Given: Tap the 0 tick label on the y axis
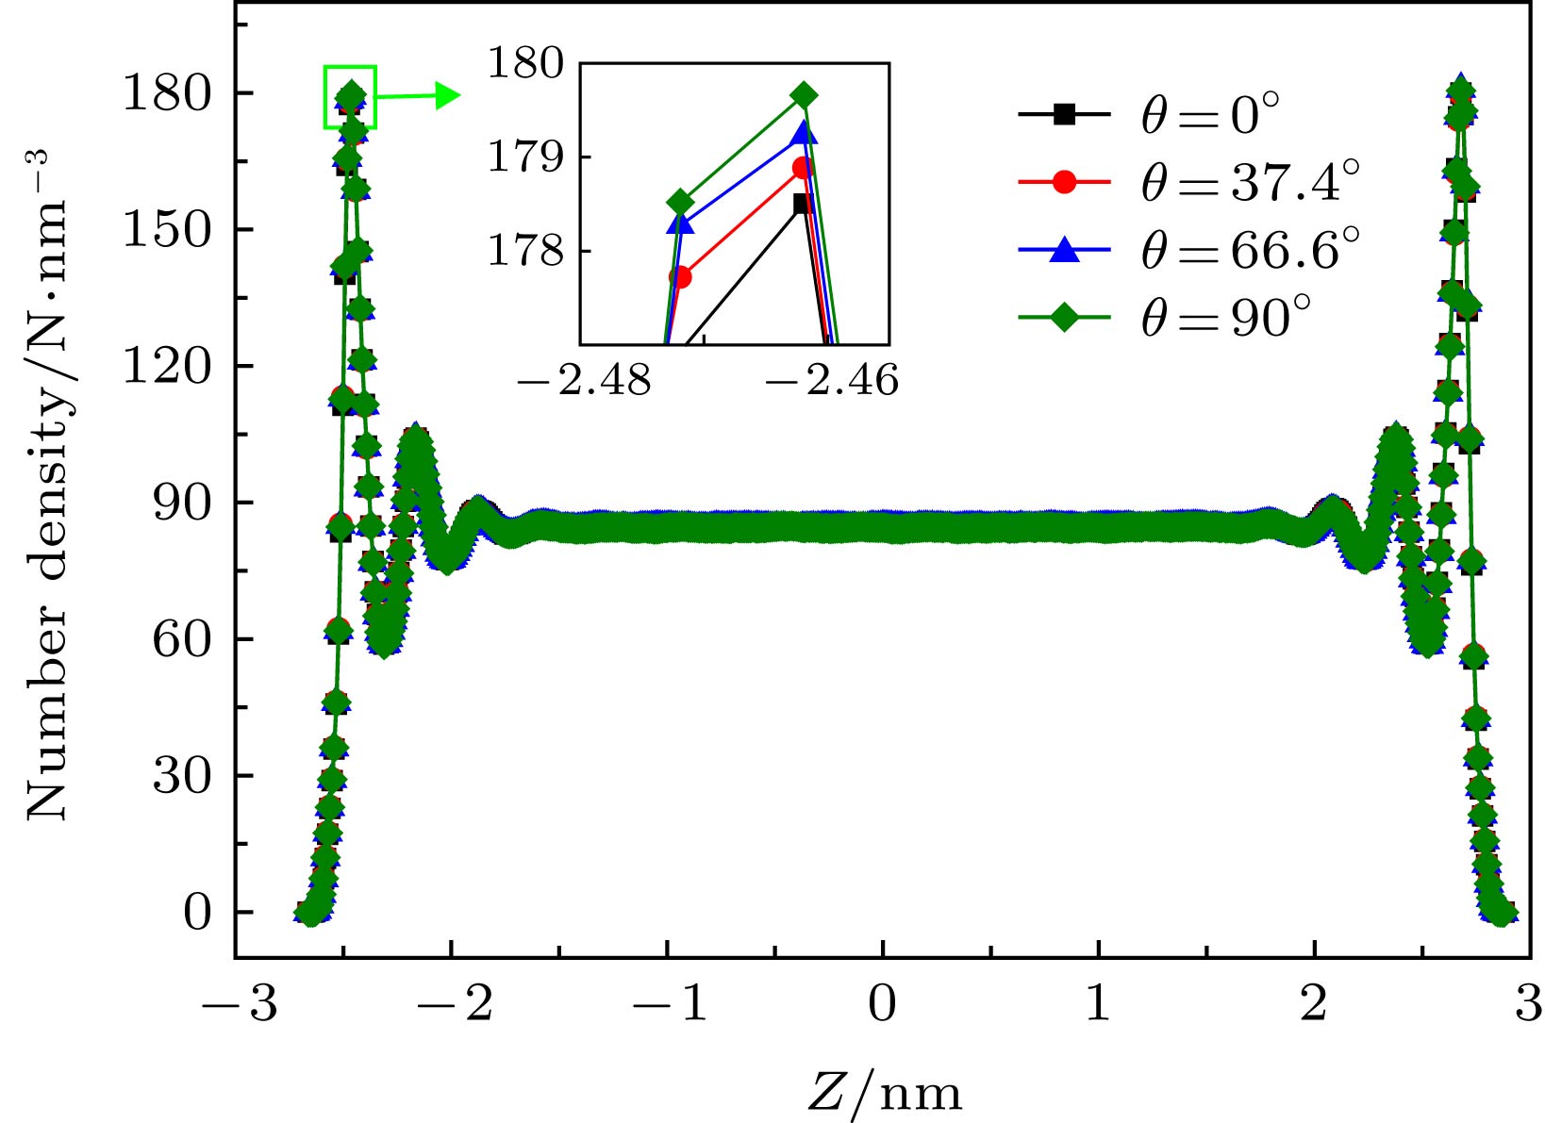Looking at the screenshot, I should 197,913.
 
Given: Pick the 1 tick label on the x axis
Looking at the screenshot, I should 1098,1003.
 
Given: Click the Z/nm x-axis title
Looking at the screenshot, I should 885,1093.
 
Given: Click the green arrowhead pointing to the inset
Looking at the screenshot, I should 448,94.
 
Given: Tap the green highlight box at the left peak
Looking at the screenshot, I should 350,96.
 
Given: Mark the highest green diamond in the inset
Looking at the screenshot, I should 805,95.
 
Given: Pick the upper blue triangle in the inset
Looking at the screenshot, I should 804,133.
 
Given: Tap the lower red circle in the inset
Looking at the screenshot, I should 680,277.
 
